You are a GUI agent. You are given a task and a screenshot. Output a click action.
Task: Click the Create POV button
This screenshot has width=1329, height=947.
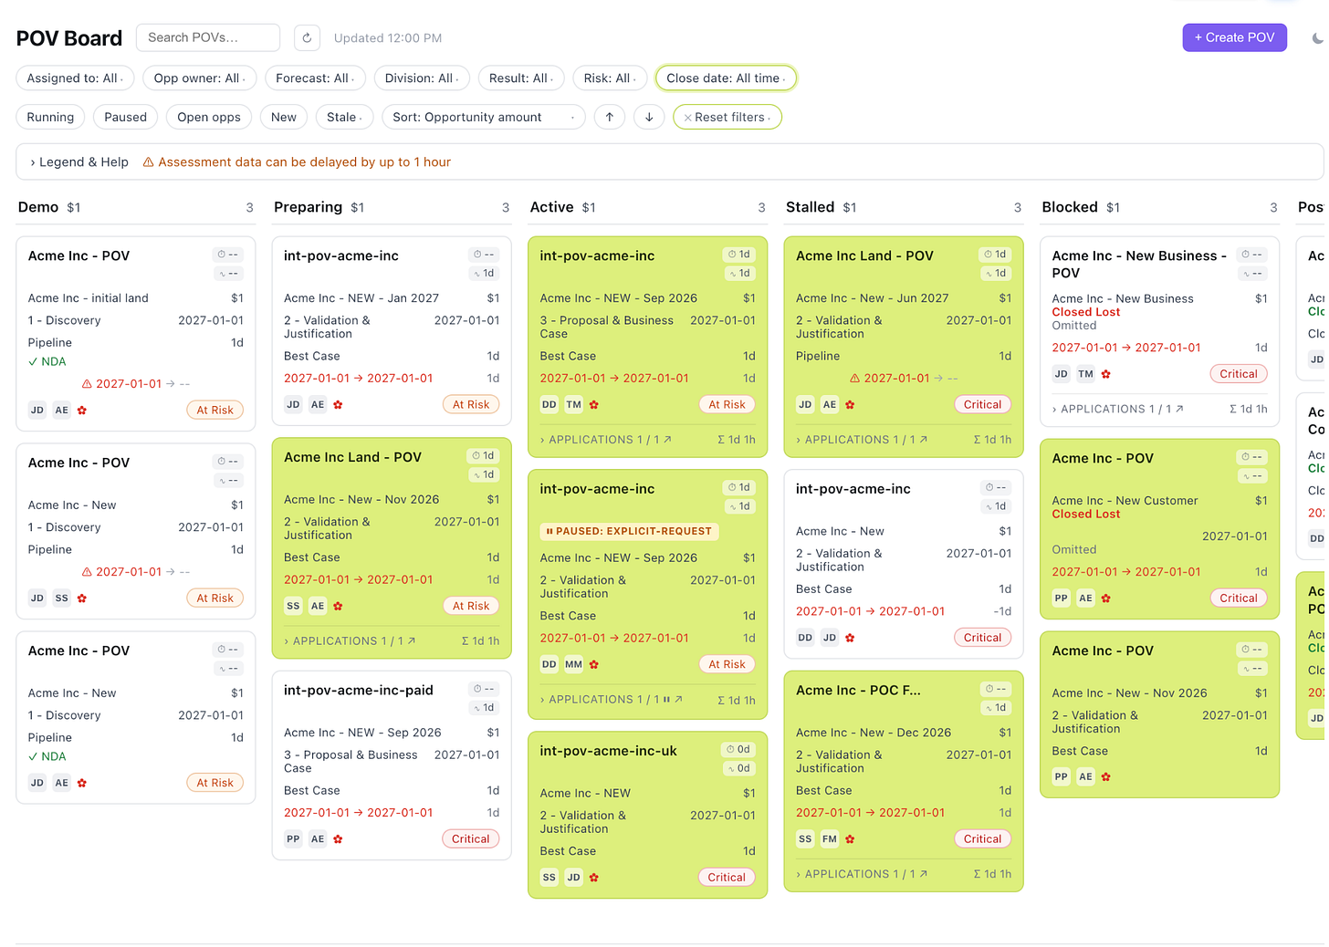(1234, 37)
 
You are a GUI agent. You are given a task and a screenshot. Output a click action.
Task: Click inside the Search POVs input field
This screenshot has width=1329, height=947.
(208, 37)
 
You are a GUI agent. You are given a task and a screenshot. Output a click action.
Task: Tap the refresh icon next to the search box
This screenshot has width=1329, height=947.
(307, 37)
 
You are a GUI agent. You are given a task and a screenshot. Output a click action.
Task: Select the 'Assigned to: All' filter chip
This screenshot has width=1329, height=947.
(75, 78)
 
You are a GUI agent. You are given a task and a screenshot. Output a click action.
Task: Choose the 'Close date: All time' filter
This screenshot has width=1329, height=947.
(726, 78)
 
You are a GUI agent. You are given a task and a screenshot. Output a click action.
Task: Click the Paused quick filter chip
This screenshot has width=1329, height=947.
(125, 117)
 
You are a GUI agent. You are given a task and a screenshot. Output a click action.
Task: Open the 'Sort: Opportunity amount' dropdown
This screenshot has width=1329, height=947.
(484, 117)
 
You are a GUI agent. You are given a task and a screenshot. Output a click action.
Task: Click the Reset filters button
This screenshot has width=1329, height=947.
(727, 117)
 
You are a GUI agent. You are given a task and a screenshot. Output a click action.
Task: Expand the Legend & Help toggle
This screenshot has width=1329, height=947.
(78, 161)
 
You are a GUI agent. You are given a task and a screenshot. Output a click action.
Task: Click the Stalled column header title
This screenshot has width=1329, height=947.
(810, 207)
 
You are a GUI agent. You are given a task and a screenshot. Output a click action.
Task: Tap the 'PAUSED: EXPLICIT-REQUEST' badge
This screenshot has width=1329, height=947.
(629, 531)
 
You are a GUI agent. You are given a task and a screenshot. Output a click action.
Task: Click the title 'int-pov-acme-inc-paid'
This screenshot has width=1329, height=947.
(359, 691)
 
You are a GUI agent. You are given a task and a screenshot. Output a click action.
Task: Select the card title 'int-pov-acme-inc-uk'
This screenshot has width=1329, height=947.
(608, 751)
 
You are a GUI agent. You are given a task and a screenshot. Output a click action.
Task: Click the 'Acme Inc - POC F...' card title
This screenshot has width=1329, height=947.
(858, 691)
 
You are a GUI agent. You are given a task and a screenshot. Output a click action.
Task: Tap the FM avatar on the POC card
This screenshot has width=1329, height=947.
(830, 839)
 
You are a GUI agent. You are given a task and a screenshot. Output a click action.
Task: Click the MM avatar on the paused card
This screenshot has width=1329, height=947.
(573, 664)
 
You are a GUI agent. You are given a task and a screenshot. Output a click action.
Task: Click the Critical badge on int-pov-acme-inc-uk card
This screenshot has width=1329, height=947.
(727, 877)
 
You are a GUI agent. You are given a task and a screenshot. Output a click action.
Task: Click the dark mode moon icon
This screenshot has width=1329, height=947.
(1317, 38)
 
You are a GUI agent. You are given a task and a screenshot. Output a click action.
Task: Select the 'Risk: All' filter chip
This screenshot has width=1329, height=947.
(610, 78)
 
